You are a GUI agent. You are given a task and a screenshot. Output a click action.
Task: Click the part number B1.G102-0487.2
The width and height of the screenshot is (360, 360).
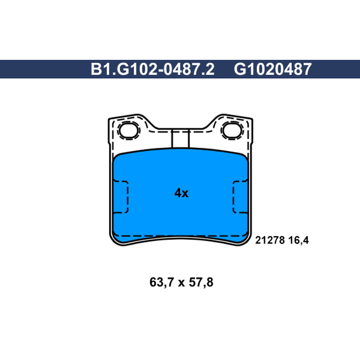153,69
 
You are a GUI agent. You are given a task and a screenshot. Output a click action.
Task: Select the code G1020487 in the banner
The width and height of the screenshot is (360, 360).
273,69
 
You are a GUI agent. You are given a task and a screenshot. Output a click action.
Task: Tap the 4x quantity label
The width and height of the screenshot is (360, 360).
181,193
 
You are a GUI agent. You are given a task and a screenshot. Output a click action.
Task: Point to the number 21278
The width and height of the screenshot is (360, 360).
270,240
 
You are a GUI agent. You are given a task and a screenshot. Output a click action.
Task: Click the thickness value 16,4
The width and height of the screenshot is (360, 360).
298,240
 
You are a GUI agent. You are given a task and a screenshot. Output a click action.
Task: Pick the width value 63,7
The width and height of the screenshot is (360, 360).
162,282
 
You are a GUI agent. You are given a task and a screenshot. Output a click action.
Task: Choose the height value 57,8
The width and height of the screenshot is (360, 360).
201,282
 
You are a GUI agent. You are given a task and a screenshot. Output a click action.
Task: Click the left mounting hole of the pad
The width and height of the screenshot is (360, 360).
129,130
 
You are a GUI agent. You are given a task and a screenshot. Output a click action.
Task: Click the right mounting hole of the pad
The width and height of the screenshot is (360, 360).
232,130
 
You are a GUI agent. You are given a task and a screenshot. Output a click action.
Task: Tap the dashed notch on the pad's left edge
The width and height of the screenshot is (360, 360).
121,197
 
